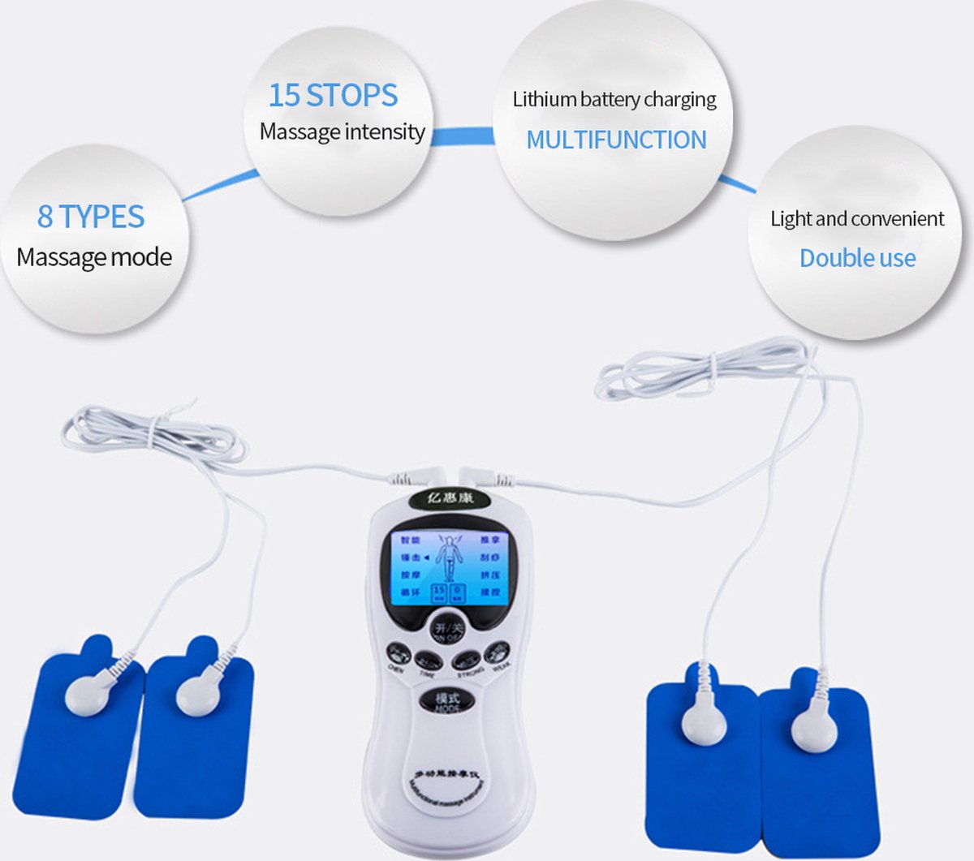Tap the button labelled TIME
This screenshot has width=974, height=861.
tap(428, 661)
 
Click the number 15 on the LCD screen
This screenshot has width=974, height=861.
tap(439, 592)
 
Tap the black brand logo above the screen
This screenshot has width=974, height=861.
tap(450, 497)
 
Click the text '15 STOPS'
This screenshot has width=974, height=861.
tap(333, 95)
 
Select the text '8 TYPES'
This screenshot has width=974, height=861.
tap(91, 217)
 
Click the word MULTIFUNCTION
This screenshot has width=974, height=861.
tap(616, 140)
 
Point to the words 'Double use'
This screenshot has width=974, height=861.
tap(857, 258)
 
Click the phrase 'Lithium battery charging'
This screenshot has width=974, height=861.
tap(614, 100)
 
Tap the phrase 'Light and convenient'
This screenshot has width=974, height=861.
tap(857, 218)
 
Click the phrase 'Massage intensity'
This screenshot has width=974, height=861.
tap(342, 131)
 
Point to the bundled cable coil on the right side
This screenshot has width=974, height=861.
tap(698, 370)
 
